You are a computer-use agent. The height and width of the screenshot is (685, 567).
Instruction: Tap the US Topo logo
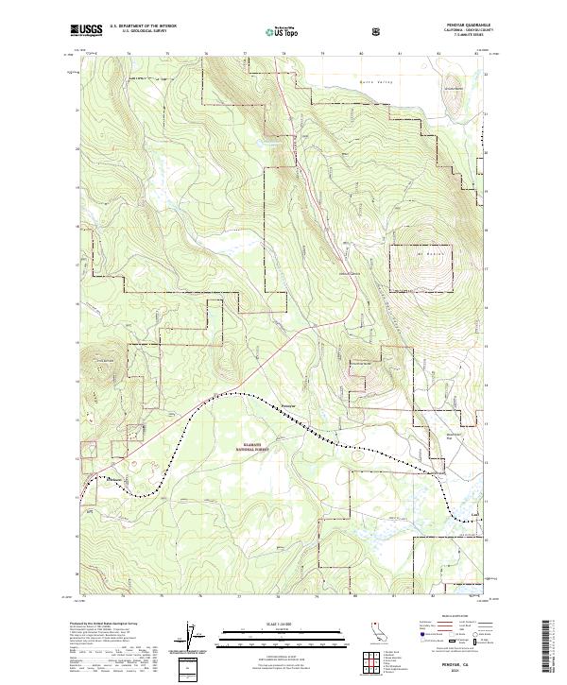click(284, 29)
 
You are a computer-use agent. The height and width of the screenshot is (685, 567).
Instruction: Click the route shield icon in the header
click(378, 30)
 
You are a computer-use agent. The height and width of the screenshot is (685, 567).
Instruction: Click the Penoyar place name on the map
click(290, 407)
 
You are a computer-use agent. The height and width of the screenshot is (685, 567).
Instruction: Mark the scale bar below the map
click(282, 630)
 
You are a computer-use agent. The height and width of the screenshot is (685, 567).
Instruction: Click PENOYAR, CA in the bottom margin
click(460, 665)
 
